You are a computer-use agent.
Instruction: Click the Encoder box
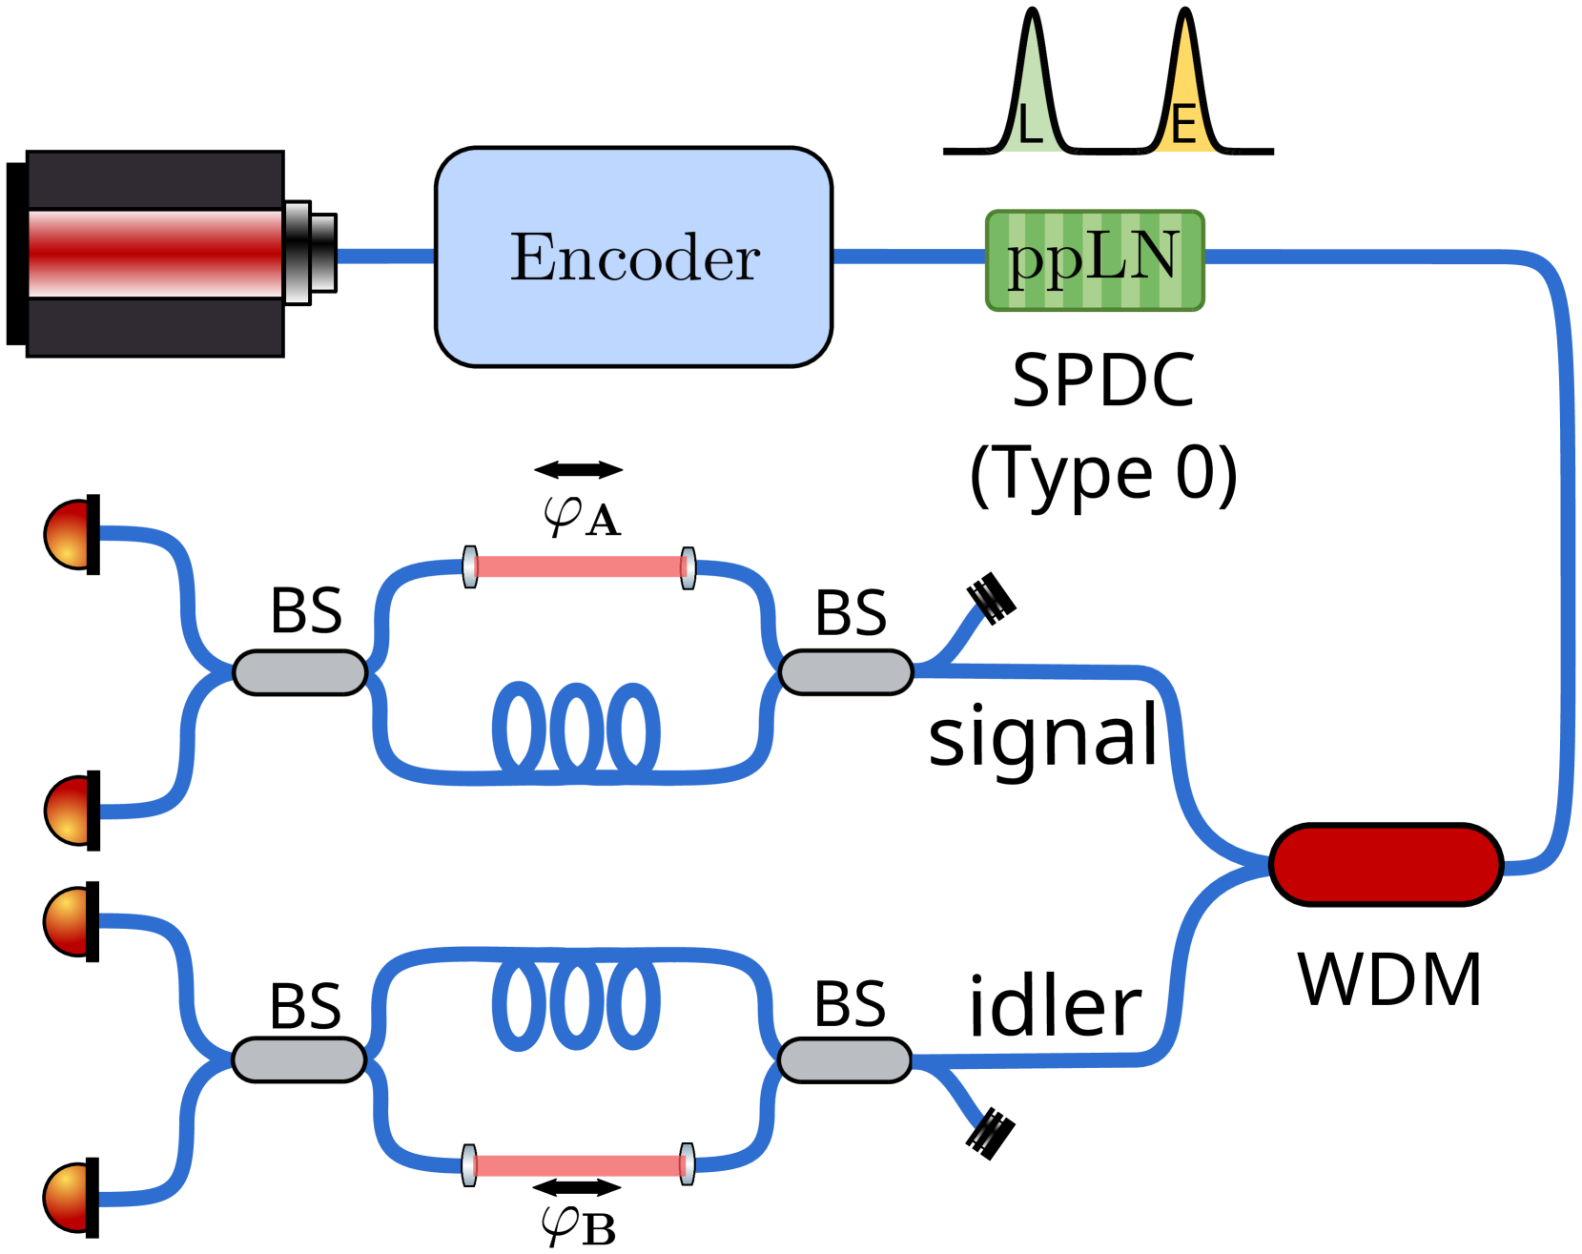pos(633,257)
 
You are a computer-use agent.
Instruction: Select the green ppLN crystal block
pos(1095,260)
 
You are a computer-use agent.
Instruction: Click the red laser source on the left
pos(154,254)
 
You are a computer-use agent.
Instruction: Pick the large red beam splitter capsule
pos(1386,864)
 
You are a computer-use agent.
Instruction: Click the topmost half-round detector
pos(70,534)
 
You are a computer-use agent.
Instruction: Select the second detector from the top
pos(70,810)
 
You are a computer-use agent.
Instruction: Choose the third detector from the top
pos(69,921)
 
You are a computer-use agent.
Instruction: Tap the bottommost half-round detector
pos(69,1197)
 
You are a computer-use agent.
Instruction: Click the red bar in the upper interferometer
pos(578,567)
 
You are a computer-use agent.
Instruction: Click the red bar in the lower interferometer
pos(577,1165)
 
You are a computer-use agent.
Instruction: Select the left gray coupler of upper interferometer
pos(299,672)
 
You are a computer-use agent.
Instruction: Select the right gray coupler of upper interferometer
pos(845,672)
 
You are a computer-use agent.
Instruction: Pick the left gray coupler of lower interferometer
pos(298,1059)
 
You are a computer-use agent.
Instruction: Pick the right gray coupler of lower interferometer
pos(844,1059)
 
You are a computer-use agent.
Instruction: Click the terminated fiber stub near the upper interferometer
pos(987,603)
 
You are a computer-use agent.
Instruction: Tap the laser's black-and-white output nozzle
pos(310,253)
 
